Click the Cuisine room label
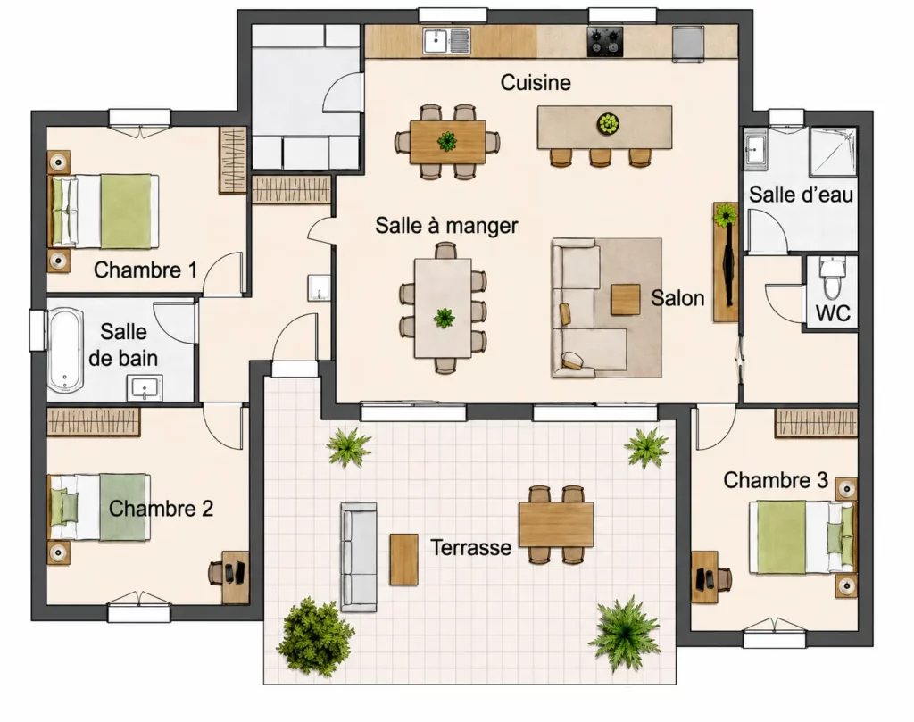tap(536, 83)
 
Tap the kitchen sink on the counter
tap(446, 41)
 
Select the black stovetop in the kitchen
tap(604, 41)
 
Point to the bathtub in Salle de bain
tap(65, 350)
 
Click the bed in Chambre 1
tap(105, 211)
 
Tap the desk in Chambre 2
tap(236, 577)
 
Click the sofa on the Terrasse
tap(359, 557)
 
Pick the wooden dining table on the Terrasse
tap(556, 525)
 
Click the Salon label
tap(677, 298)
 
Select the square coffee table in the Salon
tap(626, 299)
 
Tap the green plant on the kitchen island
tap(607, 123)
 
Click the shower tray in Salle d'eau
tap(833, 152)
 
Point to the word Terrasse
tap(471, 548)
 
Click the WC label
tap(833, 313)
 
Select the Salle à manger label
tap(446, 226)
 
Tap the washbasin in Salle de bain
tap(145, 387)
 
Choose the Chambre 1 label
tap(145, 270)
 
